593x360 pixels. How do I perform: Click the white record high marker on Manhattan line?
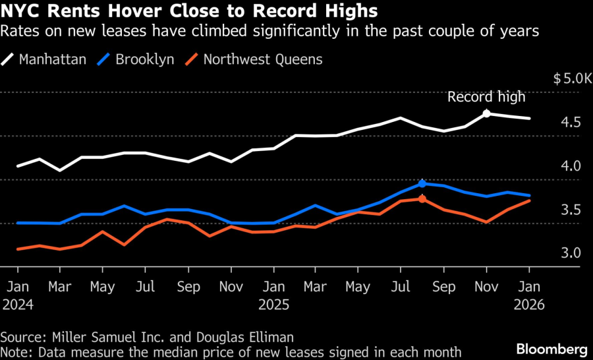(x=486, y=113)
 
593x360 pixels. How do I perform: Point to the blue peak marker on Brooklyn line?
(x=422, y=183)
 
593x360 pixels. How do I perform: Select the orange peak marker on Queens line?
(x=422, y=198)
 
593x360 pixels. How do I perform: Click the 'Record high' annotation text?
(x=486, y=97)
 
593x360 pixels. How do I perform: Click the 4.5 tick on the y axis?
(x=571, y=123)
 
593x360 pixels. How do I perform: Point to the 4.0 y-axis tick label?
(x=571, y=166)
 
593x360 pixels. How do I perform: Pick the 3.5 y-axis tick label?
(x=571, y=210)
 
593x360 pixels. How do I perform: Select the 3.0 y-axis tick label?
(x=571, y=253)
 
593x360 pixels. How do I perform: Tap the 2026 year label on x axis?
(x=528, y=305)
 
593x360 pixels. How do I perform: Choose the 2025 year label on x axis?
(x=273, y=305)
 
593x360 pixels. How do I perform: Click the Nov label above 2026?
(x=486, y=287)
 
